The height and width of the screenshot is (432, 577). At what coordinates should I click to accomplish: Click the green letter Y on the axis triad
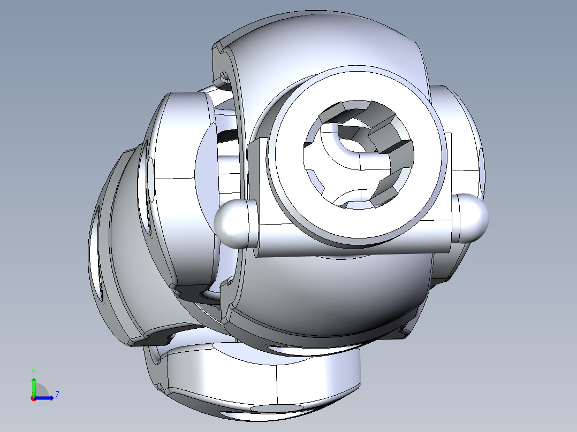pos(34,372)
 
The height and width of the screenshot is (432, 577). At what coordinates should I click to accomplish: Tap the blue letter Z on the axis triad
pos(57,395)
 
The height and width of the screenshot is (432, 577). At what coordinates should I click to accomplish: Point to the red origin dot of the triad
pos(34,398)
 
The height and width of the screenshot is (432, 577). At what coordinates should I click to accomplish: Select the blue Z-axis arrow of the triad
pos(44,398)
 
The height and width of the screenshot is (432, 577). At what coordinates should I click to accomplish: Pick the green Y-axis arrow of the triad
pos(34,387)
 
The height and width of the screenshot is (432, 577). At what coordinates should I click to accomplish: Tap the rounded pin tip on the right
pos(473,218)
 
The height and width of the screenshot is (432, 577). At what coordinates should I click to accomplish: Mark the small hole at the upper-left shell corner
pos(224,76)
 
